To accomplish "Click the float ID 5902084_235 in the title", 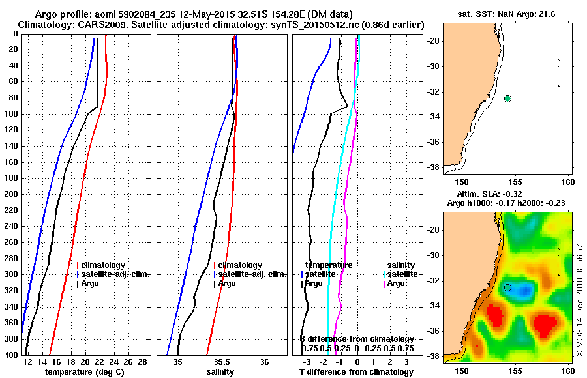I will (x=148, y=14).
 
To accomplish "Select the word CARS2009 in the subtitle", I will (x=91, y=25).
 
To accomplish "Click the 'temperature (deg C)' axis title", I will (x=85, y=372).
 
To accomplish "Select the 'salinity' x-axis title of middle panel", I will (x=221, y=372).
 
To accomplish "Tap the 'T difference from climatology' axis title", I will (x=356, y=372).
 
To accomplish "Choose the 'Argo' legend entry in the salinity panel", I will (x=228, y=283).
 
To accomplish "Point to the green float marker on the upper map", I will (x=508, y=98).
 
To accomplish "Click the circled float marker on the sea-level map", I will (x=508, y=287).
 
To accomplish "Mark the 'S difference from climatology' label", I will (x=356, y=339).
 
